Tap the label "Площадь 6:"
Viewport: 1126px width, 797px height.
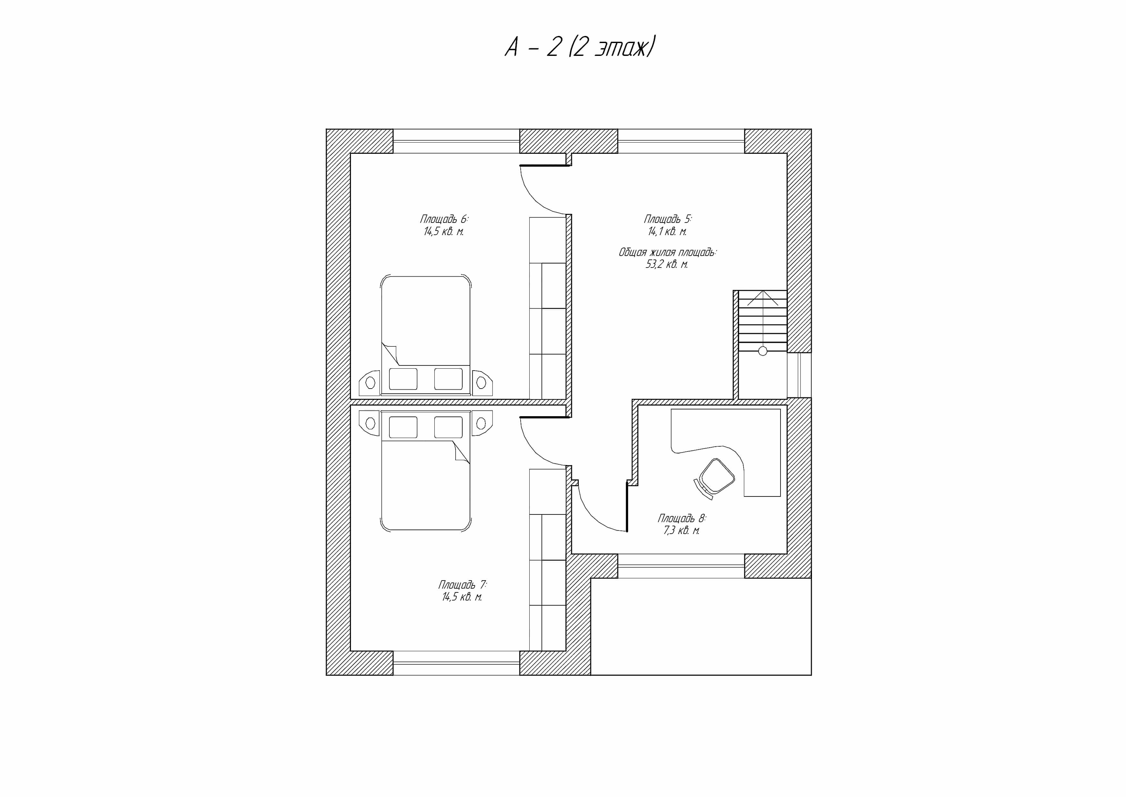[444, 219]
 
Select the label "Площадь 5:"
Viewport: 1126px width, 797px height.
[668, 219]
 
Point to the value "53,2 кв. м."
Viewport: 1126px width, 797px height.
[667, 265]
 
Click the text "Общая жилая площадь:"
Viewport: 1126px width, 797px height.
[668, 252]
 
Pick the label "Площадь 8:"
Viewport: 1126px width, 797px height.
[682, 518]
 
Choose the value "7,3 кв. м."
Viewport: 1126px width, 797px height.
[682, 530]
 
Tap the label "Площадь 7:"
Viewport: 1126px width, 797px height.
[462, 585]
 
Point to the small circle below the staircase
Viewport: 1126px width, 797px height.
[763, 351]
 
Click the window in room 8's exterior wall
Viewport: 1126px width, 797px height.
[681, 566]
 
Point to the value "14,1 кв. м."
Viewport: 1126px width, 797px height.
[668, 232]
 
